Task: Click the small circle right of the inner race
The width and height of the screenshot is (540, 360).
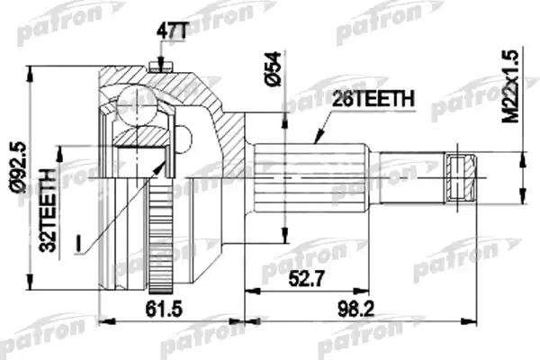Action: click(x=184, y=139)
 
